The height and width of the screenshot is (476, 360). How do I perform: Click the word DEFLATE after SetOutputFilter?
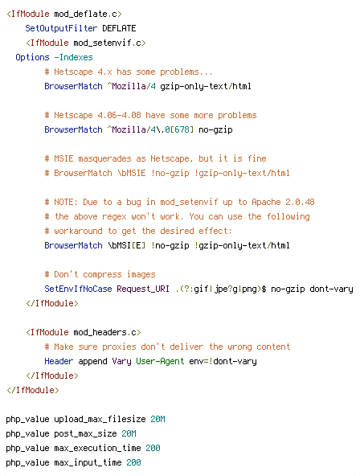coord(119,28)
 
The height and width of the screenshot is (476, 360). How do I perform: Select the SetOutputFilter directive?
coord(61,28)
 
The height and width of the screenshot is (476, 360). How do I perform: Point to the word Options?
coord(32,58)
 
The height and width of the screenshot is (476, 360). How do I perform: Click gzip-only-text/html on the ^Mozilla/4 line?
coord(206,87)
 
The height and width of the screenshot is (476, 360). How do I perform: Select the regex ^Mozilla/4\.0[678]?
coord(150,130)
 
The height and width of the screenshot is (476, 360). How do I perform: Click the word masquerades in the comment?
coord(104,158)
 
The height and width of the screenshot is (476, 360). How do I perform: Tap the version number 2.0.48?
coord(300,202)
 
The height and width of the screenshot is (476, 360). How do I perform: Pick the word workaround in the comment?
coord(78,231)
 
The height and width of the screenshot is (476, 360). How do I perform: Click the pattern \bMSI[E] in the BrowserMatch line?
coord(126,245)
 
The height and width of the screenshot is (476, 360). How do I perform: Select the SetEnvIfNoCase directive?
coord(78,289)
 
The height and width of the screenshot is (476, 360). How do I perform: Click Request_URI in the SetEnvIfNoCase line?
coord(143,289)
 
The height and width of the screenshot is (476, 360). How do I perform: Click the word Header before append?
coord(59,361)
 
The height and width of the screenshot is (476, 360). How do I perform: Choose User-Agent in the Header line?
coord(160,362)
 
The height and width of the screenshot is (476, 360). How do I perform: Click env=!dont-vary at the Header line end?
coord(223,362)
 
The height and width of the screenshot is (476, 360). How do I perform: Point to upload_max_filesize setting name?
coord(100,420)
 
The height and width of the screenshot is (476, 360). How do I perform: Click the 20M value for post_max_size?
coord(129,434)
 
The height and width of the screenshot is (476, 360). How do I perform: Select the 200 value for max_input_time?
coord(133,462)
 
